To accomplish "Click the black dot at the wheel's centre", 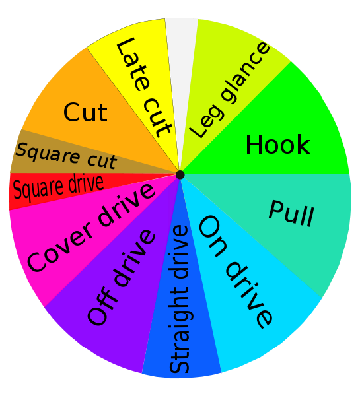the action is (180, 174).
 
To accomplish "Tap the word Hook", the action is (278, 145).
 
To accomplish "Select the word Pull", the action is (291, 214).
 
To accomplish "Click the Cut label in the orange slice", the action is (85, 112).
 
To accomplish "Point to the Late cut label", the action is (145, 87).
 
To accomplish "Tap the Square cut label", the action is (66, 156).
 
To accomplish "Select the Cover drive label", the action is (90, 227).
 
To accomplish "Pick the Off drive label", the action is (121, 277).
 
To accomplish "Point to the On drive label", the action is (236, 272).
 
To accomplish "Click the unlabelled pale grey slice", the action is (182, 63).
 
